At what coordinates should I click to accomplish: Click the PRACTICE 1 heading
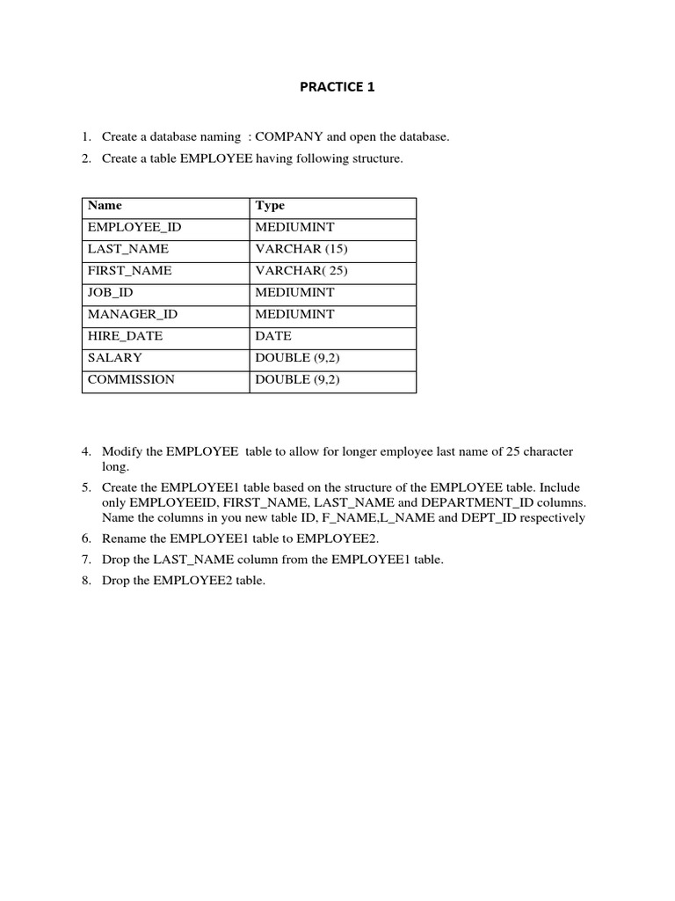tap(337, 86)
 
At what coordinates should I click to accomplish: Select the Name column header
tap(105, 206)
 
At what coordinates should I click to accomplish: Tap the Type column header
tap(270, 206)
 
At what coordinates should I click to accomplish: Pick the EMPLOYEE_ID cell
tap(134, 227)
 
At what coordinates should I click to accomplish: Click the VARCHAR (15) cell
tap(301, 249)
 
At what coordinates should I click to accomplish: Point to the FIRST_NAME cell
tap(129, 271)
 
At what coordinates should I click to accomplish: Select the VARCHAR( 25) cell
tap(301, 271)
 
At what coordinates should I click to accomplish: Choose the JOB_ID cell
tap(111, 292)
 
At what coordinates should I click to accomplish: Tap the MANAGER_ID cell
tap(132, 314)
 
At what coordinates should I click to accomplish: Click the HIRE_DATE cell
tap(125, 336)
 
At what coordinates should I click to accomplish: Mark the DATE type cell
tap(273, 336)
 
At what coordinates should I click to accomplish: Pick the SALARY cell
tap(114, 358)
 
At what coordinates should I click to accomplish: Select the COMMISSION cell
tap(131, 379)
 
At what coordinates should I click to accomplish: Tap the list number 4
tap(86, 451)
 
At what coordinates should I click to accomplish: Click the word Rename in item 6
tap(123, 538)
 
